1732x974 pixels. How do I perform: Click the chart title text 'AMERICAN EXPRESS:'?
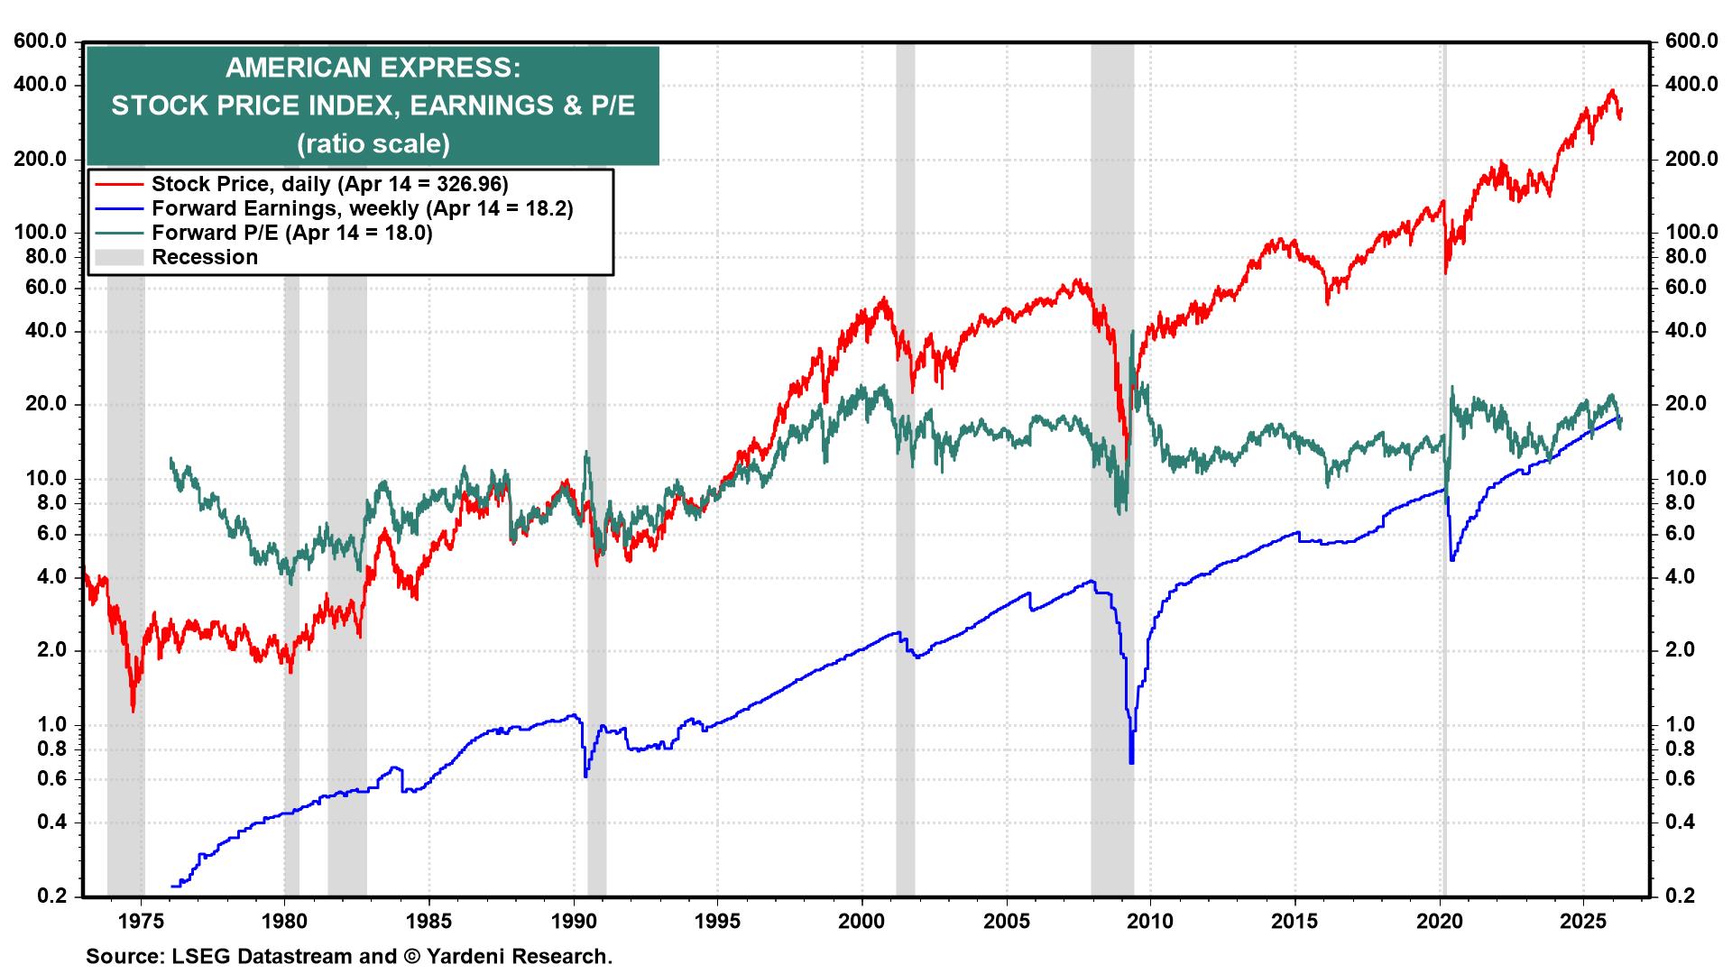[373, 69]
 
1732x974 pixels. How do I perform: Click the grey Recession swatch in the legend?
[119, 257]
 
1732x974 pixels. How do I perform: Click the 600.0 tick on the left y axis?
[41, 41]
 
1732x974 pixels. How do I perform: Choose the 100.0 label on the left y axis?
[41, 232]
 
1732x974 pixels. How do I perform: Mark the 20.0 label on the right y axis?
[1685, 404]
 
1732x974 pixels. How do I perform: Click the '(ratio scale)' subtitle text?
[373, 142]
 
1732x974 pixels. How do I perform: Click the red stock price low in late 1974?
[134, 709]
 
